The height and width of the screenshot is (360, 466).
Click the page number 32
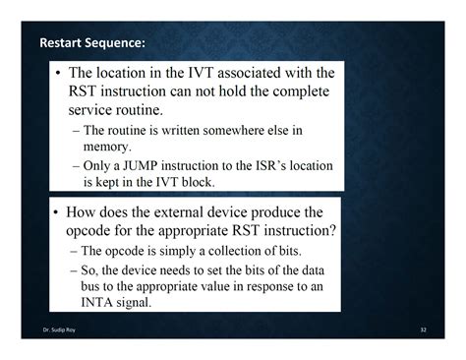point(423,329)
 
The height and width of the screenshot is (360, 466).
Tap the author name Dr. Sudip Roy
point(58,329)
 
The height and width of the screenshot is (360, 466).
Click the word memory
point(107,146)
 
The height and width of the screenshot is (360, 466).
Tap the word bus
point(93,286)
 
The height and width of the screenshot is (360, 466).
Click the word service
point(92,110)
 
